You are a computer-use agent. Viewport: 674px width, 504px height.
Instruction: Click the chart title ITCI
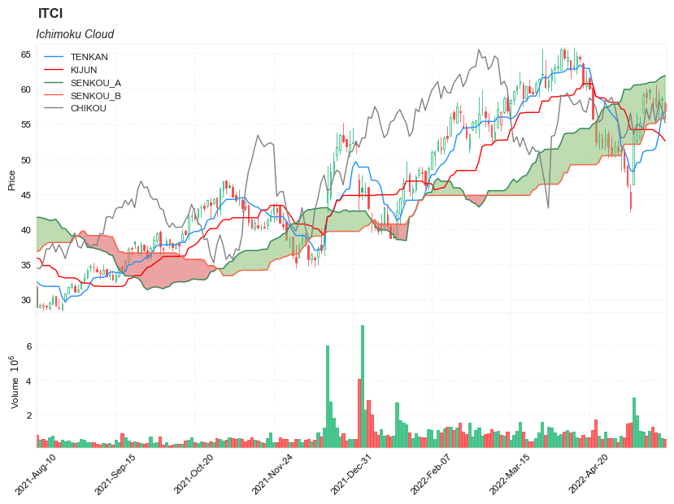[50, 14]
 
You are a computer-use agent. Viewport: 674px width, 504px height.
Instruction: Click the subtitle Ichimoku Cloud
[75, 34]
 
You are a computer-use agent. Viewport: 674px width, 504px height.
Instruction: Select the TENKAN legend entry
[89, 57]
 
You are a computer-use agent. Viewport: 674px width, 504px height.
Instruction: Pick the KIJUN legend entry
[84, 70]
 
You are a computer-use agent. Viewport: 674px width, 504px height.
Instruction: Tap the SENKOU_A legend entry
[95, 83]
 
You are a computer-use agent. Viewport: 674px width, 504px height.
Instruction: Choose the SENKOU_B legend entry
[95, 96]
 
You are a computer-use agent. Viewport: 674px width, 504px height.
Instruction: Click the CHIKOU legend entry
[88, 108]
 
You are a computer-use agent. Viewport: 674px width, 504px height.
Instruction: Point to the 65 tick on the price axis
[26, 54]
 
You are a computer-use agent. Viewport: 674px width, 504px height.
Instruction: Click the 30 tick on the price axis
[26, 300]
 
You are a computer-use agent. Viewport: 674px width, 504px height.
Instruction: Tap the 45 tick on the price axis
[26, 195]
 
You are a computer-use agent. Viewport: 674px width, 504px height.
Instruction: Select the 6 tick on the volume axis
[28, 346]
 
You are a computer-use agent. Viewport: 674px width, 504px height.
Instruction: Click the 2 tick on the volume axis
[28, 415]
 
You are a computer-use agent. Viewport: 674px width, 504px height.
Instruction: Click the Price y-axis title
[11, 180]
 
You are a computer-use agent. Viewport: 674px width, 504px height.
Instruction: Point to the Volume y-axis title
[14, 382]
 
